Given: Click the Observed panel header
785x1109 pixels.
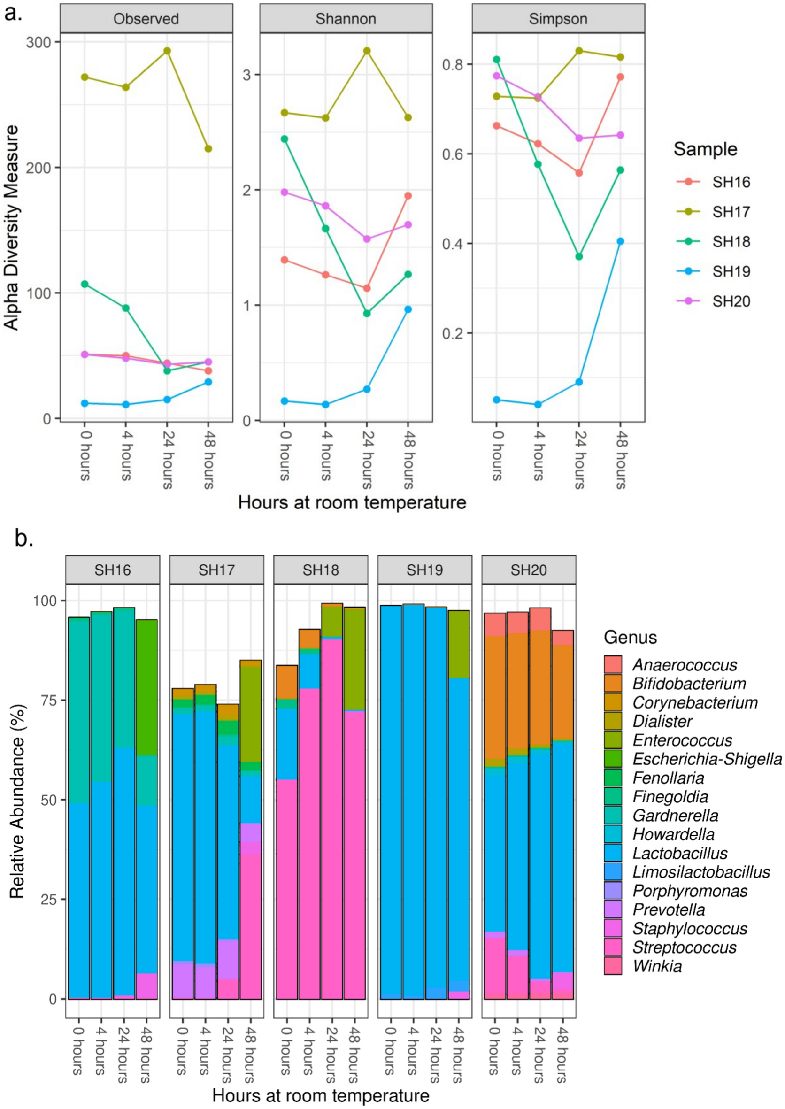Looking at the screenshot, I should click(x=146, y=19).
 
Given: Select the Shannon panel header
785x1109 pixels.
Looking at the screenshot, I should click(x=346, y=19).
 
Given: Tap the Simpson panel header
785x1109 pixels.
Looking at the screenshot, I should click(x=558, y=19).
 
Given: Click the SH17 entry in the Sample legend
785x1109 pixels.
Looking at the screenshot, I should click(x=731, y=212).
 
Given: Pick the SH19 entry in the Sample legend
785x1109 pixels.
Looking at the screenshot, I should click(x=731, y=271).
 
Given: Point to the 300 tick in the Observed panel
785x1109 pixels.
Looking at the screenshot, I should click(x=38, y=42).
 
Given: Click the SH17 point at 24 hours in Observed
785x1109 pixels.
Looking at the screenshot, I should click(x=167, y=51).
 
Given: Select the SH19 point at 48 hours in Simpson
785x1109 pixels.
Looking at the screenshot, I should click(x=620, y=241).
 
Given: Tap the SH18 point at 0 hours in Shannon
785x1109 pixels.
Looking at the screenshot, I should click(x=284, y=139).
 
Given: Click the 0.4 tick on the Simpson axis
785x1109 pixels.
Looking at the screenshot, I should click(x=453, y=243).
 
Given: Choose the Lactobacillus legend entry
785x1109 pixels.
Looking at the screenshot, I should click(x=680, y=853).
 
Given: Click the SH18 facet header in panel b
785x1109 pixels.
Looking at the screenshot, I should click(x=321, y=570).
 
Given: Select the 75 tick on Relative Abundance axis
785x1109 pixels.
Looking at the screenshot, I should click(x=46, y=700).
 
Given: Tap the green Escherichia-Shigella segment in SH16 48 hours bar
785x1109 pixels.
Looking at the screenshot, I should click(x=146, y=686).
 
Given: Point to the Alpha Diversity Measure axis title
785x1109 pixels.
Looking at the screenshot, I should click(x=12, y=227).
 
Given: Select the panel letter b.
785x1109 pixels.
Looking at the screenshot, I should click(x=23, y=538).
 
